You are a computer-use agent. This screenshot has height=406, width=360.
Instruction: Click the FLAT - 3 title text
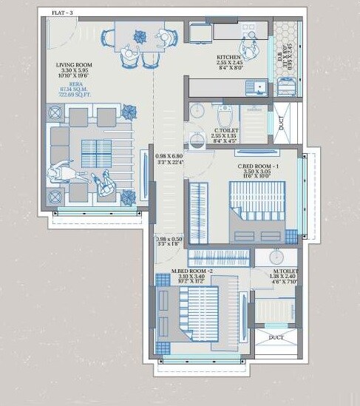[61, 11]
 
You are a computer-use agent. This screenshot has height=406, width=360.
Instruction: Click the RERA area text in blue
[74, 94]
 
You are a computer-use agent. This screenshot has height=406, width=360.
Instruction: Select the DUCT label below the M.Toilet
[276, 337]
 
